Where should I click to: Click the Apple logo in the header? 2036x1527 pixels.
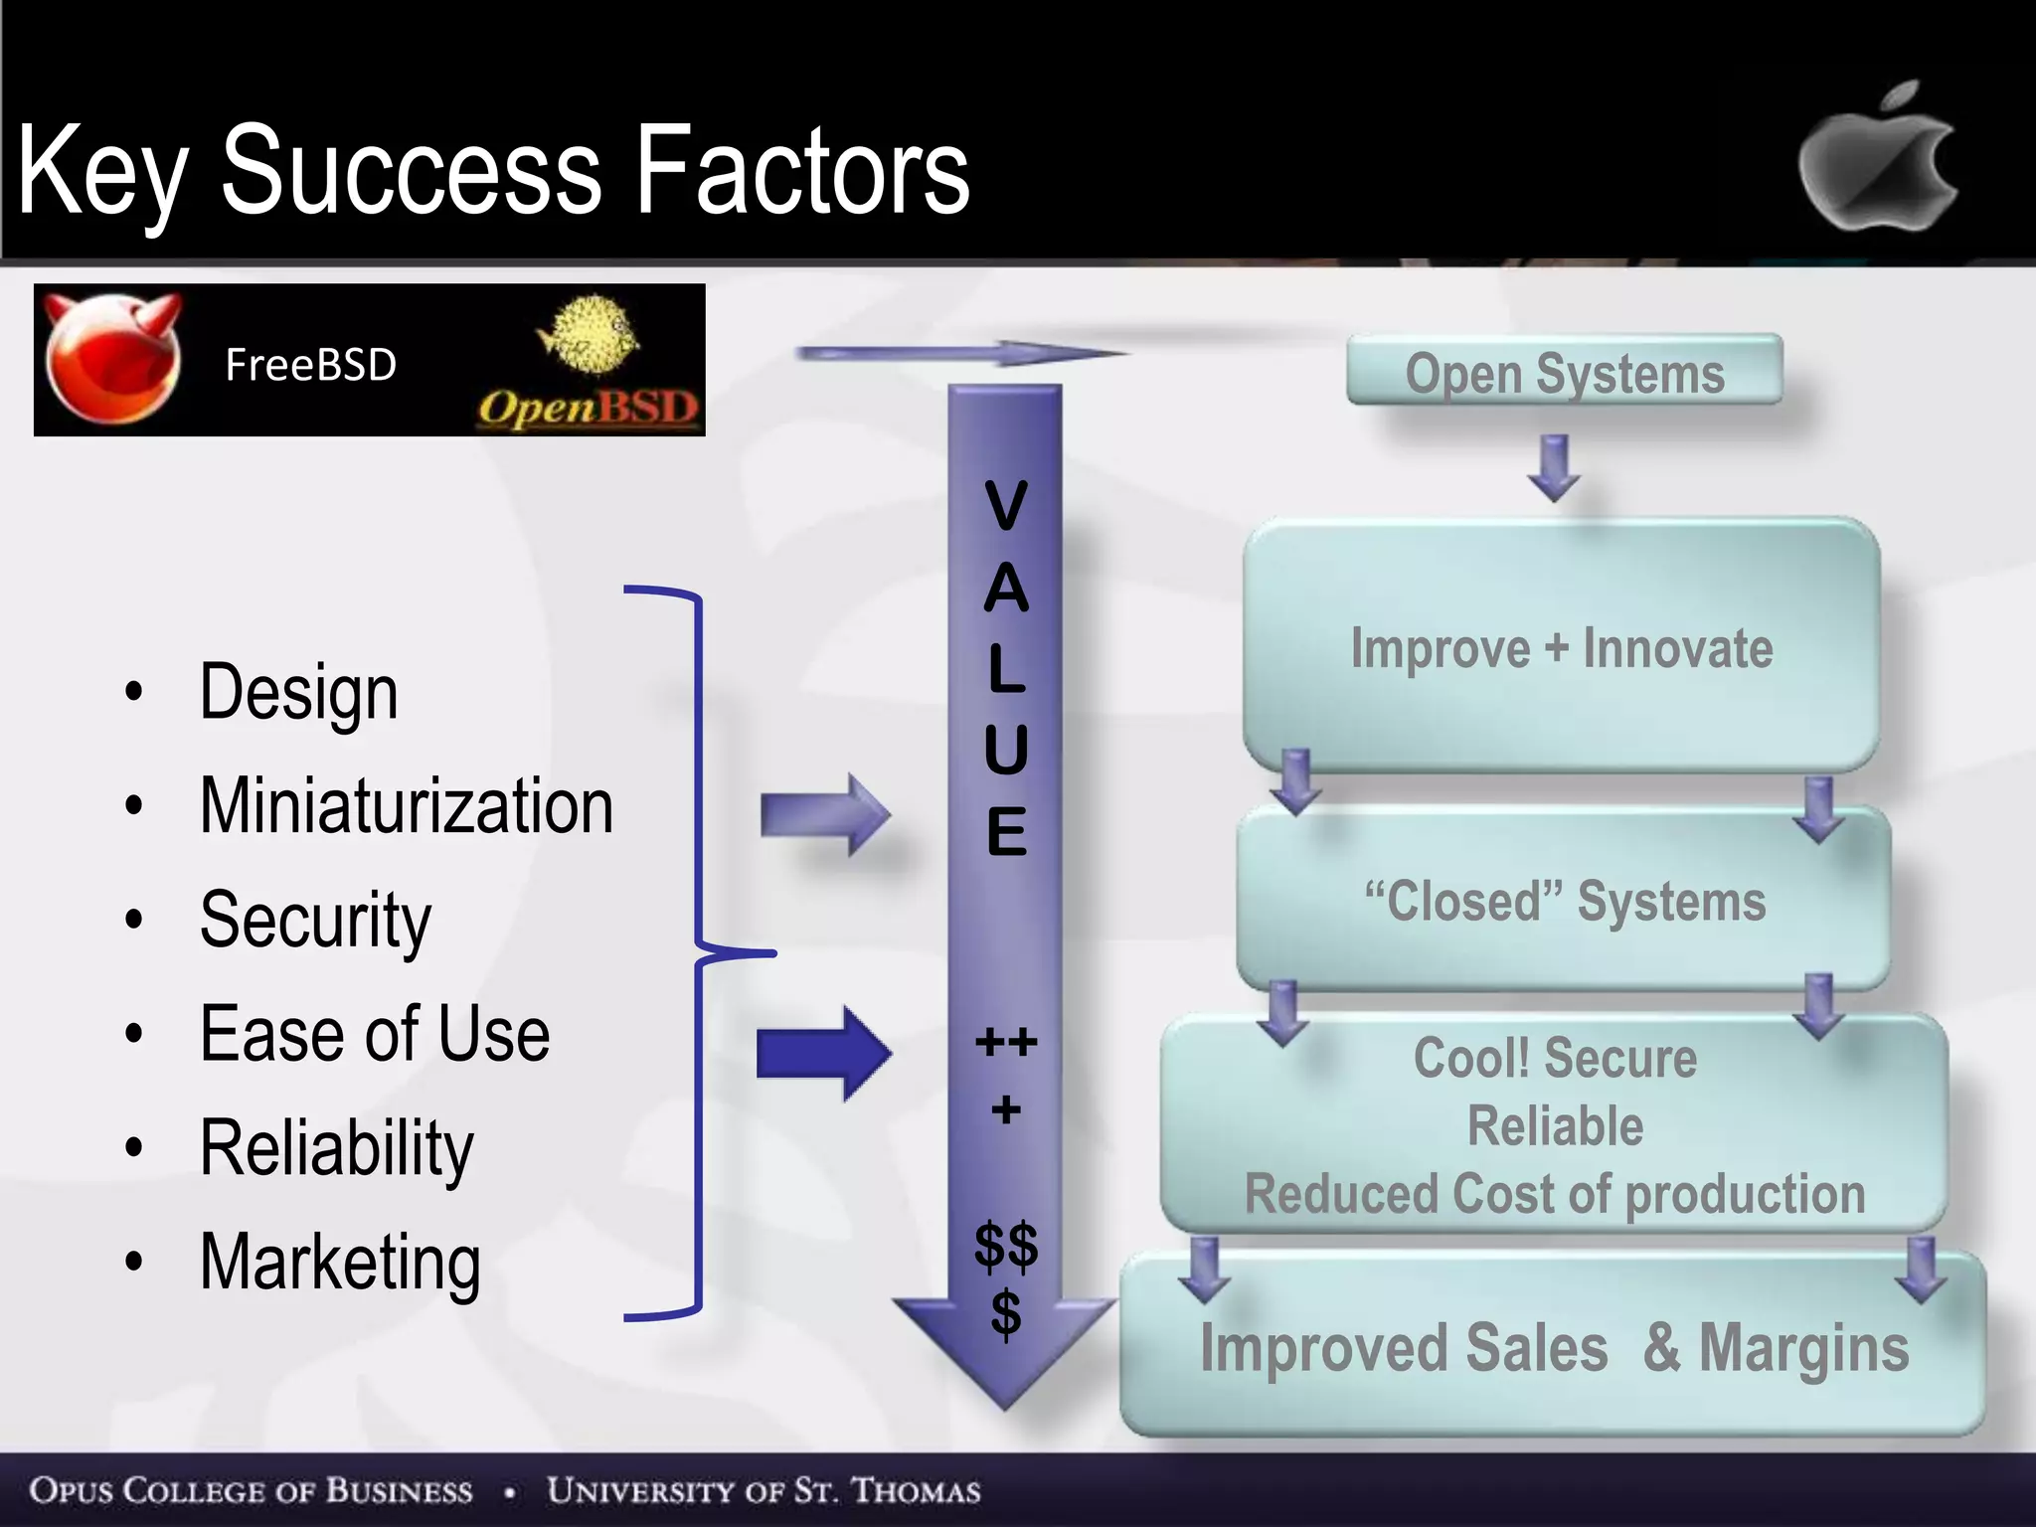pyautogui.click(x=1877, y=159)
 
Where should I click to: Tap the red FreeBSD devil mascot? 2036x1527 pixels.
pyautogui.click(x=112, y=358)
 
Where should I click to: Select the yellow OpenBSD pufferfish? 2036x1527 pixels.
pyautogui.click(x=589, y=333)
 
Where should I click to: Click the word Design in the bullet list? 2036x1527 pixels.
pyautogui.click(x=298, y=692)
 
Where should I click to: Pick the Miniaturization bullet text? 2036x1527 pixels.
pyautogui.click(x=406, y=805)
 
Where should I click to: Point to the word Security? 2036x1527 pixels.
pyautogui.click(x=315, y=921)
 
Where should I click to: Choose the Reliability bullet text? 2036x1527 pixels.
pyautogui.click(x=336, y=1148)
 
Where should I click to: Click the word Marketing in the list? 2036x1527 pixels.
pyautogui.click(x=340, y=1263)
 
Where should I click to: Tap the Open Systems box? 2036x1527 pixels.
pyautogui.click(x=1564, y=371)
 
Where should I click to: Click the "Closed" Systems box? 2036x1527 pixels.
pyautogui.click(x=1564, y=901)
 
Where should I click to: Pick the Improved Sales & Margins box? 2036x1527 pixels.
pyautogui.click(x=1553, y=1347)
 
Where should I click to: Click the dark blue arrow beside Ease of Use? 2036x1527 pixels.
pyautogui.click(x=823, y=1053)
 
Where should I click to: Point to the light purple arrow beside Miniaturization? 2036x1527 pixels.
pyautogui.click(x=823, y=814)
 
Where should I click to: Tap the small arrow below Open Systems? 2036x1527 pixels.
pyautogui.click(x=1554, y=467)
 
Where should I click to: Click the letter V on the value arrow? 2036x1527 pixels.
pyautogui.click(x=1005, y=505)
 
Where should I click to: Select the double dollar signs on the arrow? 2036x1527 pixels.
pyautogui.click(x=1005, y=1245)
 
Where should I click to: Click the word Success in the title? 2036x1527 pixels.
pyautogui.click(x=411, y=171)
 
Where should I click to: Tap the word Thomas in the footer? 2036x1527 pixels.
pyautogui.click(x=916, y=1490)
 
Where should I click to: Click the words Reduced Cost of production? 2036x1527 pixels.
pyautogui.click(x=1554, y=1194)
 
